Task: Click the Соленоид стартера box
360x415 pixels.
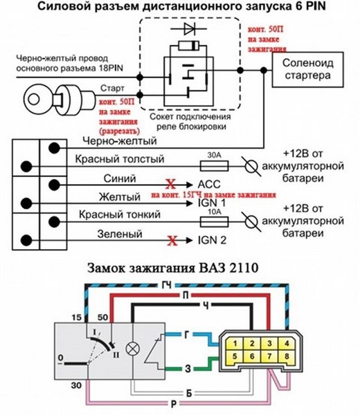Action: click(x=308, y=70)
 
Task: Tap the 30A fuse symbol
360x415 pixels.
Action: click(x=214, y=166)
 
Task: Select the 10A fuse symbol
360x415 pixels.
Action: click(x=214, y=221)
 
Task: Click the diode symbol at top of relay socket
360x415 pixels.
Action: click(x=189, y=28)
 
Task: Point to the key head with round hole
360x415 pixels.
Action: click(x=34, y=100)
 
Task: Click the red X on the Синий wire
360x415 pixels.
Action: click(x=170, y=184)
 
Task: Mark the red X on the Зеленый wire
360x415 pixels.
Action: click(x=172, y=241)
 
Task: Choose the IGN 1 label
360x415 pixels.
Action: click(x=212, y=203)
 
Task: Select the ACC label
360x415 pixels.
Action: click(x=209, y=184)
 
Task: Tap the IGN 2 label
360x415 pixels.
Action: click(x=212, y=240)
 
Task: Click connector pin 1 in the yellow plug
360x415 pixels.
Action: click(x=235, y=344)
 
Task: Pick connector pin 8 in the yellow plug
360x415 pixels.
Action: click(x=287, y=356)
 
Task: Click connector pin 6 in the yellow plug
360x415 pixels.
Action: click(x=252, y=356)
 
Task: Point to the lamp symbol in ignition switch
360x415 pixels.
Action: click(x=132, y=349)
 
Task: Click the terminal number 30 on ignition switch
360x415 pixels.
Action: click(x=76, y=385)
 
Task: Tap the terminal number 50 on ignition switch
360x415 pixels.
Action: click(x=102, y=317)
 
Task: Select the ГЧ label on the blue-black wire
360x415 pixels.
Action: click(x=166, y=285)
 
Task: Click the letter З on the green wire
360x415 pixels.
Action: click(x=188, y=369)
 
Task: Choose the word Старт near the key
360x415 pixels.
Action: click(x=112, y=89)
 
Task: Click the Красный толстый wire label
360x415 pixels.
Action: click(x=120, y=159)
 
